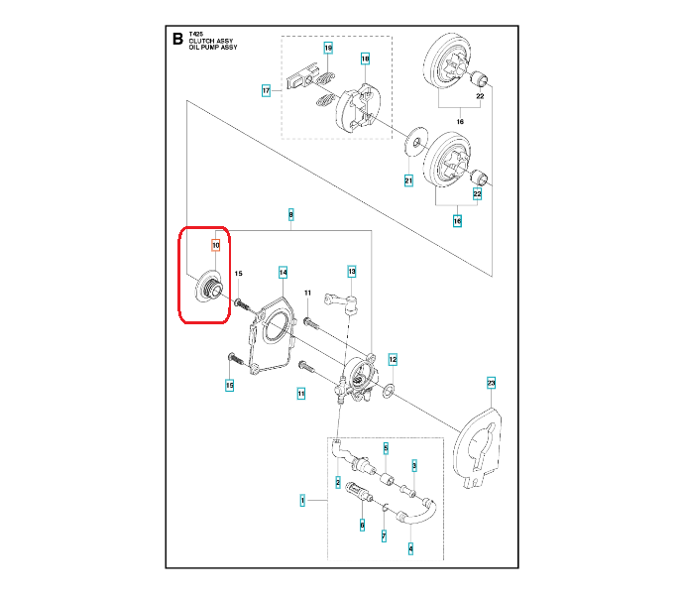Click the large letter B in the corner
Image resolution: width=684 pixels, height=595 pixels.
pos(177,41)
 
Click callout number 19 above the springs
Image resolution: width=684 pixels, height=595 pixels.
pos(328,48)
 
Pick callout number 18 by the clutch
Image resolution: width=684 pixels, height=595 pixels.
pos(365,59)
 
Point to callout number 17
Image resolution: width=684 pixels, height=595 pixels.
pos(266,90)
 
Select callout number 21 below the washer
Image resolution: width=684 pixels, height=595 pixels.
pos(407,180)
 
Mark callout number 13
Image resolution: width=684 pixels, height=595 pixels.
pos(351,271)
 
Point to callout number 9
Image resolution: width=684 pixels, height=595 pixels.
pos(290,213)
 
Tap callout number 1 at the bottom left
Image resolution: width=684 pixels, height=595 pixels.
pos(302,502)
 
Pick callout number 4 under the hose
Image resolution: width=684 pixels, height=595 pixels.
pos(410,546)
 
